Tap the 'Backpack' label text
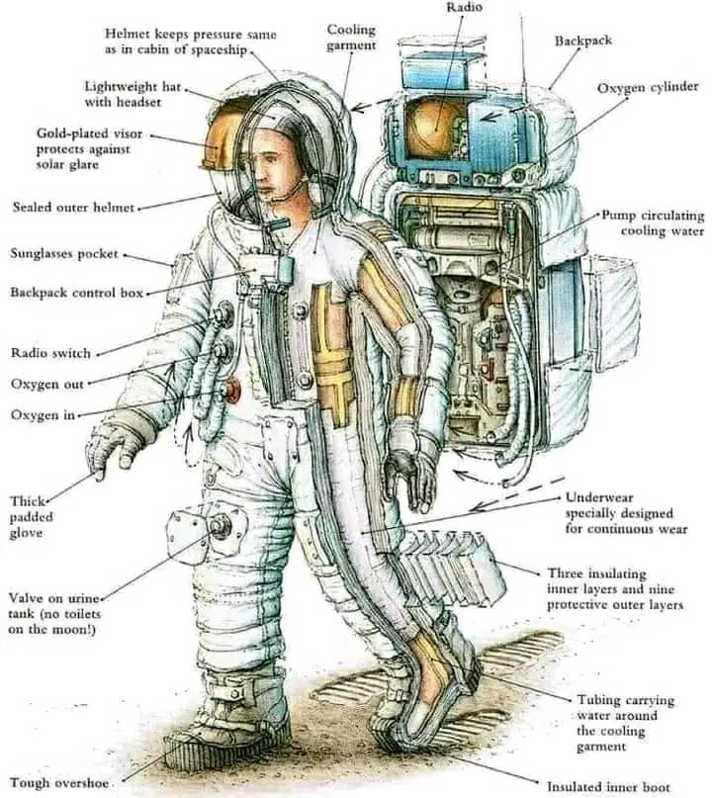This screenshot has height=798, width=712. [x=582, y=42]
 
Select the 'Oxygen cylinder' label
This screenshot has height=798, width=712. [x=648, y=88]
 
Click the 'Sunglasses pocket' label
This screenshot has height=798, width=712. [x=65, y=254]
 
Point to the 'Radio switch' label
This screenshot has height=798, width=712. [x=50, y=353]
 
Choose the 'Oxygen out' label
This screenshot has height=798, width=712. [x=47, y=384]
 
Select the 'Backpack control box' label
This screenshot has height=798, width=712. [x=77, y=293]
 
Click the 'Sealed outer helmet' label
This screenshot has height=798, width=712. [x=72, y=208]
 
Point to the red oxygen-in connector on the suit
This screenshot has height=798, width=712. [x=233, y=391]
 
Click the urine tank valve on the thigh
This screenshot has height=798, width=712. [x=220, y=525]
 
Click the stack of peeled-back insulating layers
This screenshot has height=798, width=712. [x=450, y=565]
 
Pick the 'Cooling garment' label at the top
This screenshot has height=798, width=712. [x=351, y=38]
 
